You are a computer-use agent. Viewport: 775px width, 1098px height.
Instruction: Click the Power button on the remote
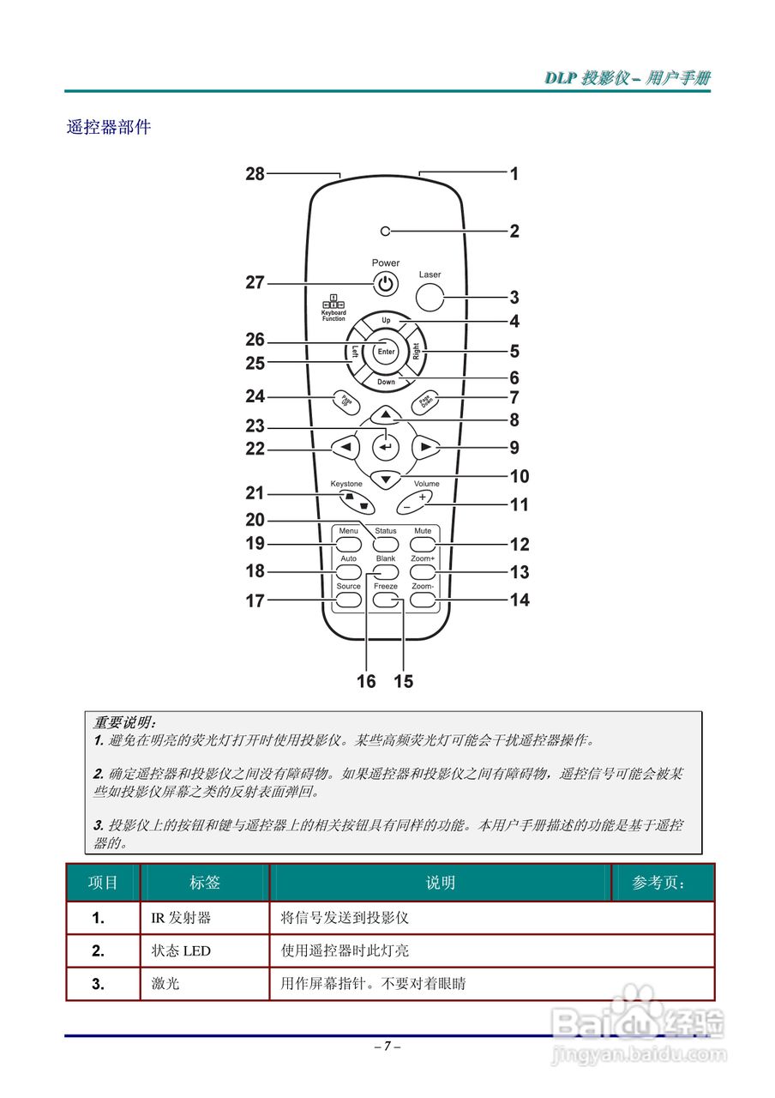(386, 283)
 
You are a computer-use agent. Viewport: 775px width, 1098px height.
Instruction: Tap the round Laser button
(430, 297)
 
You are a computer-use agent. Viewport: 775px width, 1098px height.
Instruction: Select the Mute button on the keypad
(423, 544)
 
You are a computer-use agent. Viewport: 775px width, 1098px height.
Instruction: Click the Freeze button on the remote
(386, 600)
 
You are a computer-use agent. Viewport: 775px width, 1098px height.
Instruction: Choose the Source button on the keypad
(348, 600)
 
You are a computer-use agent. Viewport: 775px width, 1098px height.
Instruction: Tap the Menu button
(347, 544)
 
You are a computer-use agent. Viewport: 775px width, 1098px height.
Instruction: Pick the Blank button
(386, 571)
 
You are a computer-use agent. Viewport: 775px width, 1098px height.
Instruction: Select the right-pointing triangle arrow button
(424, 447)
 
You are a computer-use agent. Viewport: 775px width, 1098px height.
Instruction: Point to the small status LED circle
(386, 231)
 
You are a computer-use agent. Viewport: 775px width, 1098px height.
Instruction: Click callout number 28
(255, 173)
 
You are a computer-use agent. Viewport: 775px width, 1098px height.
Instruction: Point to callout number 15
(403, 681)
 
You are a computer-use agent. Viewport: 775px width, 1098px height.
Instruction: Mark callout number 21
(255, 493)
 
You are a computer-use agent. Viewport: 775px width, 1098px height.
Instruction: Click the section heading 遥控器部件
(109, 127)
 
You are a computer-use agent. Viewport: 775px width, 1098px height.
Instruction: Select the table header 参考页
(659, 883)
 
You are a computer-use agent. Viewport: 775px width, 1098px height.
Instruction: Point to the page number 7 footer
(387, 1046)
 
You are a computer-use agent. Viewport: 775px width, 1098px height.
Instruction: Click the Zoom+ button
(423, 571)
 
